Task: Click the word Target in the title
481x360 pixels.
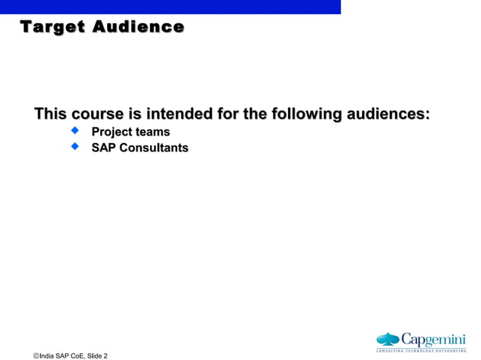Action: click(x=51, y=28)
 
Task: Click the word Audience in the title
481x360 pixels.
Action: click(x=138, y=28)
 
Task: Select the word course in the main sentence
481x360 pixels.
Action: click(x=97, y=114)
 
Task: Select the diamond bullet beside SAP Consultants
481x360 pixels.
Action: click(x=75, y=148)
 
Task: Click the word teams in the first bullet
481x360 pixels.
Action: click(x=153, y=133)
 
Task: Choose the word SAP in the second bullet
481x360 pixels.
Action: click(x=105, y=148)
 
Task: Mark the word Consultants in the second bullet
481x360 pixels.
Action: click(x=155, y=148)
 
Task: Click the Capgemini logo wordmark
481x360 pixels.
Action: click(x=433, y=338)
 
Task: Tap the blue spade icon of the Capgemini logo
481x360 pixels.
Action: click(x=388, y=339)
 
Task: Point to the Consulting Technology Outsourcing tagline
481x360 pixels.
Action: click(x=421, y=350)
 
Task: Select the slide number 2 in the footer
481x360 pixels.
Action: click(x=105, y=354)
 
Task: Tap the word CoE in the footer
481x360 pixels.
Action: click(x=74, y=354)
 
